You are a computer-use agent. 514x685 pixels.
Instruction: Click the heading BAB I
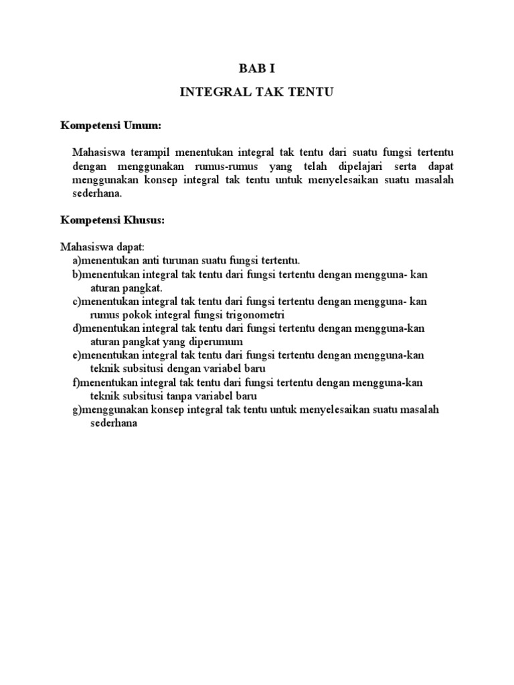(256, 69)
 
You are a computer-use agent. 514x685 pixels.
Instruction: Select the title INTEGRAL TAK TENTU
(256, 93)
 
